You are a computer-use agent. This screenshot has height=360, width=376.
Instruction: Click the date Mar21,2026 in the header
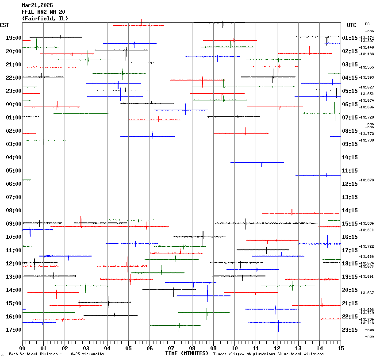37,5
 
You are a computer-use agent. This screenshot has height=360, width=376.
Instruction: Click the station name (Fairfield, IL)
45,19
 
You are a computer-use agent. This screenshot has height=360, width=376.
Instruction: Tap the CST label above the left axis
5,25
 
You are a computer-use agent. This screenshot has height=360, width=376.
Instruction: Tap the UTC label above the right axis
352,25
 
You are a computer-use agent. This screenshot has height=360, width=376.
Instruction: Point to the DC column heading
367,24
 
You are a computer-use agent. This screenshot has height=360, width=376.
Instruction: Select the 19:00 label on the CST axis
14,38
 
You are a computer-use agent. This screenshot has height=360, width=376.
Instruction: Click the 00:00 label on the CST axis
14,104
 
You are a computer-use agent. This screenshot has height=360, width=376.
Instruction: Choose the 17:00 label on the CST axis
14,330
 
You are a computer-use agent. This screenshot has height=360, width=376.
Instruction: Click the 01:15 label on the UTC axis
350,38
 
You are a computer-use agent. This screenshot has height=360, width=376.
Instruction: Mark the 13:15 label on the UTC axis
350,197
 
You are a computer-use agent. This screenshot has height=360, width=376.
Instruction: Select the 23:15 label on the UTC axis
350,330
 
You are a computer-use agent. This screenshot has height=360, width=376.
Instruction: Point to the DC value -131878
367,180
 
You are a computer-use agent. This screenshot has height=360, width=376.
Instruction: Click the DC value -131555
367,67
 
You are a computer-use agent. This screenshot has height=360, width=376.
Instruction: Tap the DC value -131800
367,230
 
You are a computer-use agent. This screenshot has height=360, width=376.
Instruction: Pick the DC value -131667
367,293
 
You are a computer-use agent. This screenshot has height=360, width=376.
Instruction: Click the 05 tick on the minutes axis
128,349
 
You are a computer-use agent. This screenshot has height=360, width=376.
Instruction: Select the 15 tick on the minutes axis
340,349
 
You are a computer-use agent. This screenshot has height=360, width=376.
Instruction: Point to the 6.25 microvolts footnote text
87,354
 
